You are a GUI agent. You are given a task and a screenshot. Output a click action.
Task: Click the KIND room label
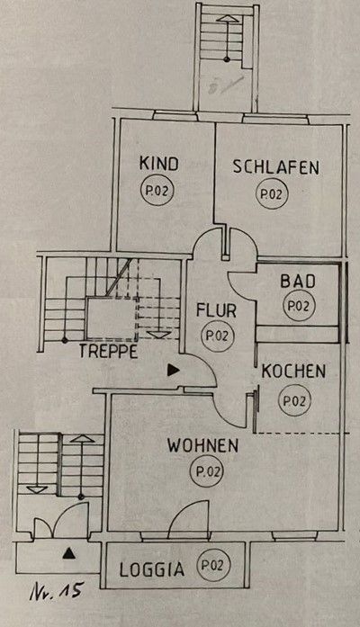click(x=158, y=164)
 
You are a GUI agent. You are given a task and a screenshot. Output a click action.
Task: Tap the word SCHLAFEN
click(x=276, y=167)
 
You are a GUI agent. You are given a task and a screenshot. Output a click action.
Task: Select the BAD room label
click(x=298, y=282)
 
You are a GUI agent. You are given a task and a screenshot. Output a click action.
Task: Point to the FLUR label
click(x=216, y=310)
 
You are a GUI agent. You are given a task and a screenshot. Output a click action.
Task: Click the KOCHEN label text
click(x=293, y=372)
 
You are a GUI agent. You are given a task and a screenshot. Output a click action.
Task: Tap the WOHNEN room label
click(x=202, y=446)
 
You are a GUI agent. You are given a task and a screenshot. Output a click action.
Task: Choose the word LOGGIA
click(x=152, y=570)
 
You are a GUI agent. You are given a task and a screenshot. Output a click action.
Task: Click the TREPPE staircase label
click(x=108, y=352)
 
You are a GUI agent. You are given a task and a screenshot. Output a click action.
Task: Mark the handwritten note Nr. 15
click(x=57, y=590)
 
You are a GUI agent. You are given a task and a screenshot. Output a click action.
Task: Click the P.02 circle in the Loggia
click(x=213, y=566)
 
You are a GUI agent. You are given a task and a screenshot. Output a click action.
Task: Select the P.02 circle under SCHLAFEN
click(x=272, y=194)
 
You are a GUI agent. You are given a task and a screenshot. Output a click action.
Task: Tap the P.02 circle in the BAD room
click(x=299, y=306)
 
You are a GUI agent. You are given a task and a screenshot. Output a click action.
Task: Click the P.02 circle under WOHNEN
click(x=208, y=472)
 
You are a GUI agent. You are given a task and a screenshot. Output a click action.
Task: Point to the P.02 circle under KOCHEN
click(x=295, y=400)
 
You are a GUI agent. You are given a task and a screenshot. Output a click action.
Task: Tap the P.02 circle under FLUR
click(x=217, y=336)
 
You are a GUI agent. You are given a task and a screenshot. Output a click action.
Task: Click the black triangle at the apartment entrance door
click(x=173, y=371)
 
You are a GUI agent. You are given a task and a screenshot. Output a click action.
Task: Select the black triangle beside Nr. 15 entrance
click(x=69, y=553)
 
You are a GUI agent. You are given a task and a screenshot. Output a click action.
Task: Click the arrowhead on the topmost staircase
click(x=227, y=18)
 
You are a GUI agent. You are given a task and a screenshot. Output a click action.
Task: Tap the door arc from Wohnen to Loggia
click(x=188, y=515)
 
